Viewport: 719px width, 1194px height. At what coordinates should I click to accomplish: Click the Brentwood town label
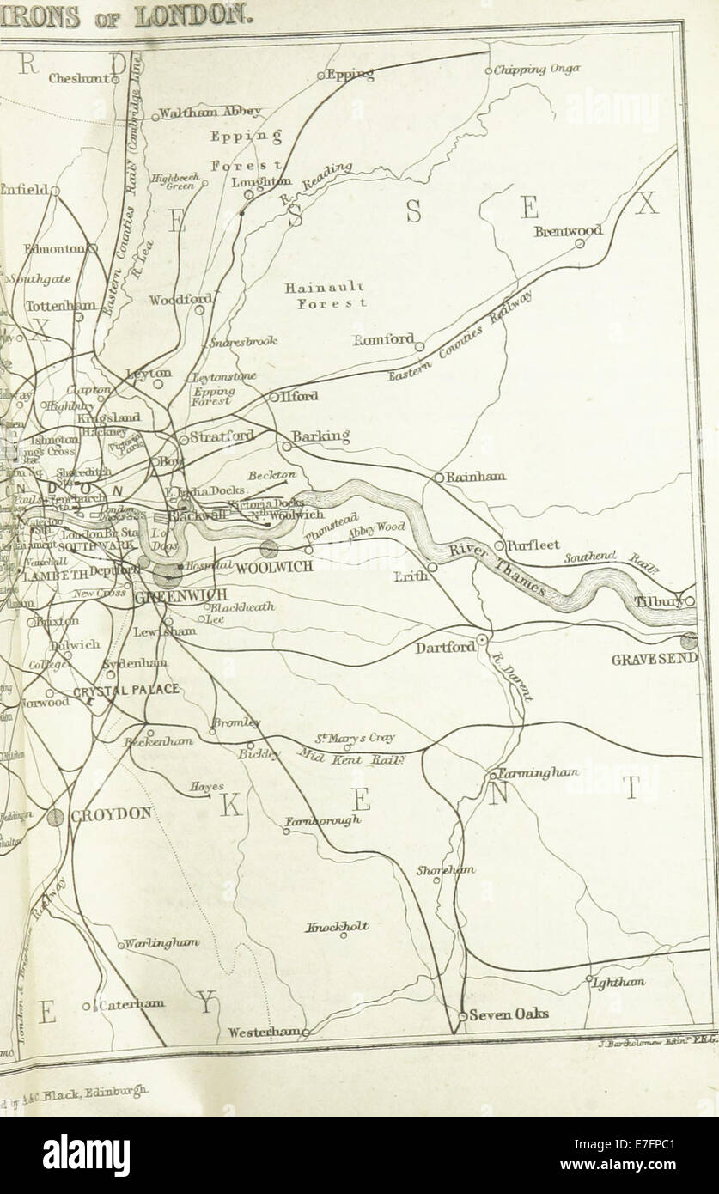click(568, 231)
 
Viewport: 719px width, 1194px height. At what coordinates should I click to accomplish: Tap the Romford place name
click(383, 339)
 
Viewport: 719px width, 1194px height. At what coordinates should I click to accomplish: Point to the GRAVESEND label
click(654, 660)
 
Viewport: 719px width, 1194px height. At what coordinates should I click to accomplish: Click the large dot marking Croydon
click(57, 817)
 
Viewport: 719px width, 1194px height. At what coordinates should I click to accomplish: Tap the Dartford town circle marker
click(484, 640)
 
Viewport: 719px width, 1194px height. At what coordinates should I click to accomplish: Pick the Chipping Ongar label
click(537, 70)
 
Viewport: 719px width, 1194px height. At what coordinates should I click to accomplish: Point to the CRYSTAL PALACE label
click(125, 689)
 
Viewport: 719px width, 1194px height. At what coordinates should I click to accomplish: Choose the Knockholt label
click(338, 926)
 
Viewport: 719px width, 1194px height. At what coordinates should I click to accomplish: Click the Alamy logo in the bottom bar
click(87, 1155)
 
